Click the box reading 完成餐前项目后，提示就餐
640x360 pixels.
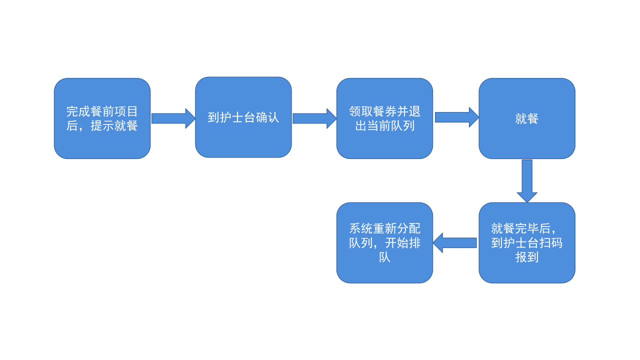[102, 118]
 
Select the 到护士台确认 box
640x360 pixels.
[243, 117]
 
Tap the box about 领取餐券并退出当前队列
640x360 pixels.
[384, 118]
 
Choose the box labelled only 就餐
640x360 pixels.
[526, 118]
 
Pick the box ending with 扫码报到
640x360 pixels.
[526, 243]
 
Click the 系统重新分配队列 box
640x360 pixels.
[384, 243]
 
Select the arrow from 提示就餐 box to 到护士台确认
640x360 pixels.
[173, 118]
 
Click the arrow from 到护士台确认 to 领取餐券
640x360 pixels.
[314, 118]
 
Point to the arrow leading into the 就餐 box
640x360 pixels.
[456, 117]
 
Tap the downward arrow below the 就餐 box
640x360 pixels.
[527, 180]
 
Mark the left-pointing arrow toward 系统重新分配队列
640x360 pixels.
[455, 243]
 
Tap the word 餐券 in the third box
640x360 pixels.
[384, 111]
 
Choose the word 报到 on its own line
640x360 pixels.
[526, 257]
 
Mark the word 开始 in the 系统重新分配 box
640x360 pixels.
[396, 243]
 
